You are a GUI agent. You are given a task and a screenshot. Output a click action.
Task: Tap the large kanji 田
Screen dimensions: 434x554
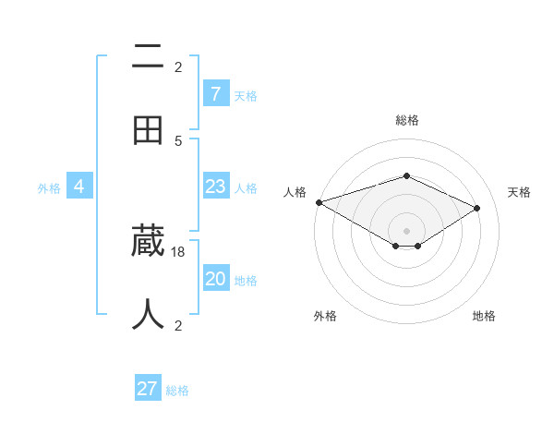[x=148, y=131]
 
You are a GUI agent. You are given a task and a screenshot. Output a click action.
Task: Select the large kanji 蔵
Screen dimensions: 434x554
[x=148, y=242]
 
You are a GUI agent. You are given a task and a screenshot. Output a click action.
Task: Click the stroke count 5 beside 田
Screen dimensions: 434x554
[x=178, y=140]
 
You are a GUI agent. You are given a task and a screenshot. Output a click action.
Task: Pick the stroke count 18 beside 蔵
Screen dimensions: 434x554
[x=179, y=251]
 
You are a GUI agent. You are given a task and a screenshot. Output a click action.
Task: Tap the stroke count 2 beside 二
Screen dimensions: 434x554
[x=178, y=66]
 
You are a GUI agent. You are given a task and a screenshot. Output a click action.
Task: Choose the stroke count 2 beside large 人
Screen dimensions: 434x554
[x=178, y=325]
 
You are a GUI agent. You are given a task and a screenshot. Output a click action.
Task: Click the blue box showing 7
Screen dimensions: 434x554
[x=215, y=93]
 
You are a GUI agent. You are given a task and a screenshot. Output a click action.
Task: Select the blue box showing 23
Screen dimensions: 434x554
[x=215, y=187]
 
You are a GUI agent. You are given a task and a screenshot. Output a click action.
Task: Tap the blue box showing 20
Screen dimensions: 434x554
[x=215, y=279]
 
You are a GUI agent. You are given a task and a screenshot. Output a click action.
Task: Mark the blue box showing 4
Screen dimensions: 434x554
[x=79, y=187]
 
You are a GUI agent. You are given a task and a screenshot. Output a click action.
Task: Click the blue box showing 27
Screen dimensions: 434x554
[x=148, y=389]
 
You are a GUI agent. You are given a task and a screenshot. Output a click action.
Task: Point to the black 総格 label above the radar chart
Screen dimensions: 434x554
[x=406, y=120]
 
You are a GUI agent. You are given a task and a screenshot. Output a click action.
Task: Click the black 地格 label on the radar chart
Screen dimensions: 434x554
[x=484, y=316]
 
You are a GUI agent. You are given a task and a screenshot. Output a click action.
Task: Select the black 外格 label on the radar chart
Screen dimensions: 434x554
[x=325, y=316]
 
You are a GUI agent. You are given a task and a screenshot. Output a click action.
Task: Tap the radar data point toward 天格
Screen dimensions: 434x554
[x=477, y=208]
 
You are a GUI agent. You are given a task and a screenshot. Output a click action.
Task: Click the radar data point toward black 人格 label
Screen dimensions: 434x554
[x=319, y=202]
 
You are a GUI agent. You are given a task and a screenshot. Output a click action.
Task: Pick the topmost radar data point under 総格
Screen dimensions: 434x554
[x=406, y=175]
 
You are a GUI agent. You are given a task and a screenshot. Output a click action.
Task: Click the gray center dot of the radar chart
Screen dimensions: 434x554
[x=406, y=230]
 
